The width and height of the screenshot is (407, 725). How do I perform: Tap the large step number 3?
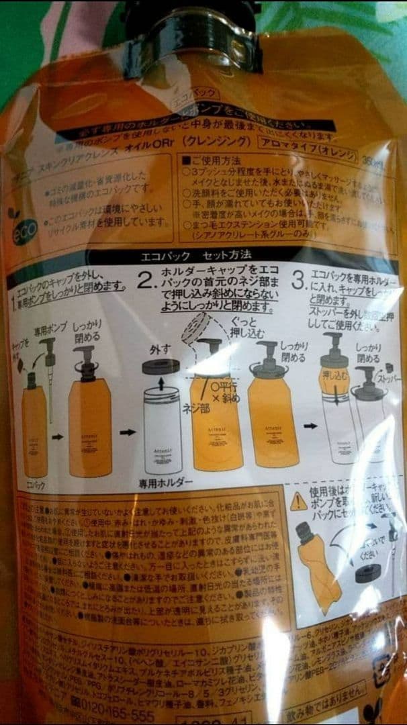click(299, 279)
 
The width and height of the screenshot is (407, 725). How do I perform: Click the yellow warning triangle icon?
click(298, 501)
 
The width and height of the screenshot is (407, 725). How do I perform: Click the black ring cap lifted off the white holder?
click(161, 367)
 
